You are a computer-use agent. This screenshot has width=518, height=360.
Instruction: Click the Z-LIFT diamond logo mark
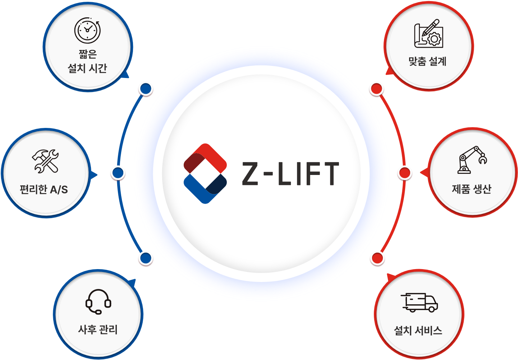pyautogui.click(x=205, y=174)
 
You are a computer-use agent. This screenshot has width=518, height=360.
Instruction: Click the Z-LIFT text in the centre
pyautogui.click(x=290, y=174)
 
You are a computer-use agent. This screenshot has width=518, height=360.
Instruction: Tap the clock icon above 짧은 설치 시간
pyautogui.click(x=87, y=30)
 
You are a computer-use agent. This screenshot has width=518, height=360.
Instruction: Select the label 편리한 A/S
pyautogui.click(x=44, y=189)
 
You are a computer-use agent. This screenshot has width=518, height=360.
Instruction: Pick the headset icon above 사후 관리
pyautogui.click(x=98, y=301)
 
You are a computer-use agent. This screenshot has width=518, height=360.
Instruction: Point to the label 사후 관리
pyautogui.click(x=98, y=329)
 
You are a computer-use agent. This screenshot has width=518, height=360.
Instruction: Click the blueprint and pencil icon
pyautogui.click(x=428, y=33)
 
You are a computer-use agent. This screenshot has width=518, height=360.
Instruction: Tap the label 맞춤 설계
pyautogui.click(x=427, y=61)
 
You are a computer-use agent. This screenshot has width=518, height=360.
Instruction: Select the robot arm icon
pyautogui.click(x=472, y=160)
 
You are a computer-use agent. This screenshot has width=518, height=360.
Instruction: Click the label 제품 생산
pyautogui.click(x=471, y=189)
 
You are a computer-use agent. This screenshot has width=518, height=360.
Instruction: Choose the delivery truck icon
pyautogui.click(x=419, y=302)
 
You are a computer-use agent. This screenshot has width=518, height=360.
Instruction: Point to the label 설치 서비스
pyautogui.click(x=418, y=330)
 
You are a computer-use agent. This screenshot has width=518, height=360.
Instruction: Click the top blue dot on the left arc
pyautogui.click(x=146, y=89)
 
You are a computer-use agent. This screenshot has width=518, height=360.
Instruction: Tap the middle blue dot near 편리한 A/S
pyautogui.click(x=118, y=173)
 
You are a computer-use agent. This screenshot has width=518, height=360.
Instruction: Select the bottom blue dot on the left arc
pyautogui.click(x=146, y=258)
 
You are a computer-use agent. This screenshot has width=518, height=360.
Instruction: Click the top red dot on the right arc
pyautogui.click(x=377, y=89)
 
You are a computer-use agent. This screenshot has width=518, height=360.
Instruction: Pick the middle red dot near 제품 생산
pyautogui.click(x=405, y=173)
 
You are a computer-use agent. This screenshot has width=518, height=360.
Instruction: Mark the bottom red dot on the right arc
pyautogui.click(x=377, y=258)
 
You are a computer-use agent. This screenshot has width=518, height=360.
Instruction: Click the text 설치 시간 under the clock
pyautogui.click(x=87, y=68)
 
